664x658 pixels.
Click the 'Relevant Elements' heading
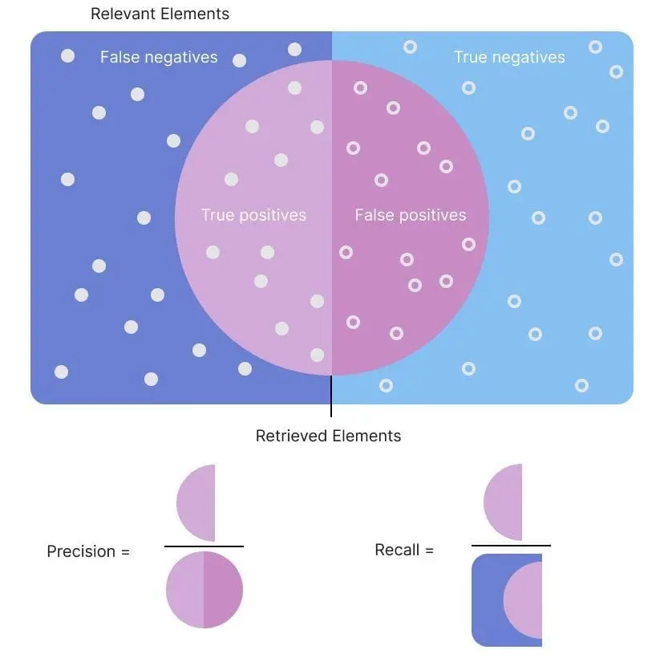coord(160,14)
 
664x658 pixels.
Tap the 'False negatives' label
coord(159,57)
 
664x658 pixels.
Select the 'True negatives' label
coord(509,57)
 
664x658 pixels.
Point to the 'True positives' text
coord(253,215)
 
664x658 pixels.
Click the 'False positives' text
coord(411,215)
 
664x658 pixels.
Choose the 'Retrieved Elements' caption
coord(328,436)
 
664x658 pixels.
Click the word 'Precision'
coord(81,551)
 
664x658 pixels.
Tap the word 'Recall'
coord(397,550)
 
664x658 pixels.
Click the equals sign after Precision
coord(125,552)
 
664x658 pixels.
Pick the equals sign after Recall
coord(429,550)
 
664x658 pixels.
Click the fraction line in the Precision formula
coord(204,546)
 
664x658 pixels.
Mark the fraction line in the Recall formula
coord(511,546)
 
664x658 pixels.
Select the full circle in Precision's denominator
coord(204,589)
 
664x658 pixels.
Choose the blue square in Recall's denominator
coord(487,600)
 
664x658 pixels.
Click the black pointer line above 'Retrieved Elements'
coord(331,396)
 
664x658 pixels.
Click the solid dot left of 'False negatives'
coord(67,55)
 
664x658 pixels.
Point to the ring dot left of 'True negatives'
coord(410,47)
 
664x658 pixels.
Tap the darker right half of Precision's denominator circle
coord(223,589)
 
